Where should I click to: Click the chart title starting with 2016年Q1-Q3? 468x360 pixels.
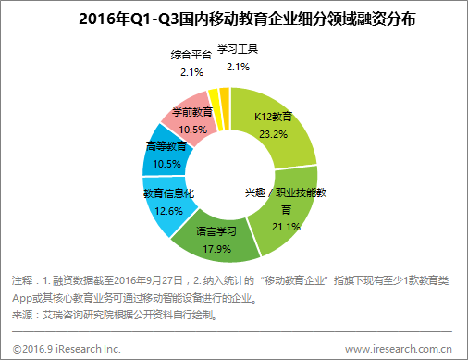coord(233,19)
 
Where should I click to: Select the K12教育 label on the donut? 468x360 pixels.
coord(275,118)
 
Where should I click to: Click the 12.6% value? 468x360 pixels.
coord(167,209)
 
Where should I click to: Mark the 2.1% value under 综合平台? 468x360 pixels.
coord(191,71)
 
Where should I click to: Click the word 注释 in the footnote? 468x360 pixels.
coord(23,279)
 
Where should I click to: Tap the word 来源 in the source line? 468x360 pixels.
coord(23,315)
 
